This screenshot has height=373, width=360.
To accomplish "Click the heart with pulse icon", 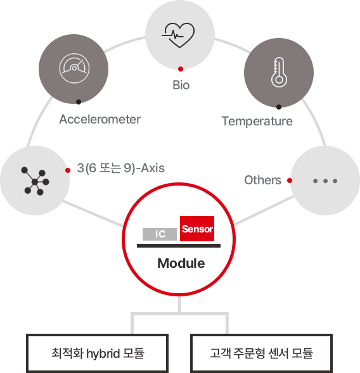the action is (x=178, y=35).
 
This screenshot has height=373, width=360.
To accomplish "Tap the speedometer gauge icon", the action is (x=74, y=68).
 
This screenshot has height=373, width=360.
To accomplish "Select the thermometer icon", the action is (x=279, y=72).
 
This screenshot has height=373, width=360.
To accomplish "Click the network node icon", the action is (x=35, y=181).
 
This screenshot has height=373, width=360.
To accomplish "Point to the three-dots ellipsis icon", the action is (x=325, y=181).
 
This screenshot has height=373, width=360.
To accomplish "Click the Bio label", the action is (x=181, y=85).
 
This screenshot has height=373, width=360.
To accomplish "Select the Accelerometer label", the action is (x=100, y=119).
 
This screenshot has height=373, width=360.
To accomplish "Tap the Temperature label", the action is (x=257, y=122).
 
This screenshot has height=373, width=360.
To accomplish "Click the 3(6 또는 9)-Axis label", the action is (x=120, y=168).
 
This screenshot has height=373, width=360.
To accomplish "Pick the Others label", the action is (x=262, y=180).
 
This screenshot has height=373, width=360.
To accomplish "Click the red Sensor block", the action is (x=197, y=229).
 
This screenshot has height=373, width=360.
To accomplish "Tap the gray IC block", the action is (x=160, y=234).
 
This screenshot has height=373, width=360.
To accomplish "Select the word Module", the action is (x=181, y=263).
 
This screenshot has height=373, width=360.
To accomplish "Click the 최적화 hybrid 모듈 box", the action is (x=97, y=353).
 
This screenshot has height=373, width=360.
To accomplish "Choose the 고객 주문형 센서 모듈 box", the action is (x=261, y=353).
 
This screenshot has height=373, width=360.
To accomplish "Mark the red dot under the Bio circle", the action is (x=181, y=69).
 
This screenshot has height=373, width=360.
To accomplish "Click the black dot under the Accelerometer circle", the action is (x=79, y=102).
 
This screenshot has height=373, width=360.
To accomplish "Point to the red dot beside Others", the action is (x=290, y=180).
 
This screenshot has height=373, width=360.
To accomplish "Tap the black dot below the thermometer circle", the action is (x=279, y=107).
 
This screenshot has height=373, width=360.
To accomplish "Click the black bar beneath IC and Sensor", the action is (x=179, y=246).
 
